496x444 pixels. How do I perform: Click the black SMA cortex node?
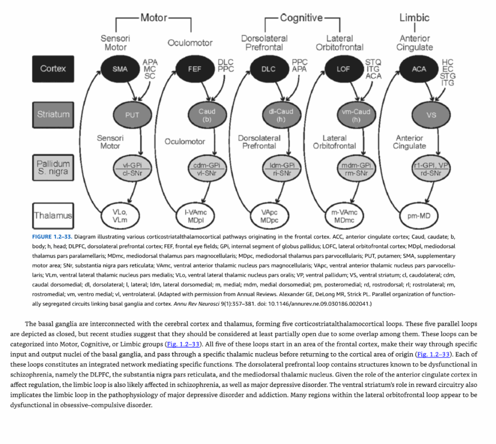point(120,69)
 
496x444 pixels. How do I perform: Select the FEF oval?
point(195,69)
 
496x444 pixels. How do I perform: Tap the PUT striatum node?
point(132,115)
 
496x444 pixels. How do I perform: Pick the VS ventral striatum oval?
point(431,115)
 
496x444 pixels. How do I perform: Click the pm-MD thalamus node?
point(419,216)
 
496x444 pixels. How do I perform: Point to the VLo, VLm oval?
point(120,216)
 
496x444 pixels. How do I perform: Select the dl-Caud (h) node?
point(281,115)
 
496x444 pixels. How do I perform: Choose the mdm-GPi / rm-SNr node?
point(356,168)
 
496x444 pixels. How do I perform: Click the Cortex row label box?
point(53,69)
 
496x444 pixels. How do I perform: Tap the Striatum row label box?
point(53,115)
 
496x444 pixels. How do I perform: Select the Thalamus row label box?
point(53,216)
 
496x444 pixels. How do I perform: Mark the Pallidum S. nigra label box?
point(53,167)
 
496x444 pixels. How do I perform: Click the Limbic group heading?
point(415,17)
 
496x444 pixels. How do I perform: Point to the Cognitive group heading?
point(301,18)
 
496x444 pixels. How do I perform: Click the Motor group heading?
point(154,17)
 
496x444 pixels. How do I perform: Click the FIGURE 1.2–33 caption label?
point(52,237)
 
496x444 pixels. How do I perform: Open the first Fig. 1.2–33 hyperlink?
point(183,344)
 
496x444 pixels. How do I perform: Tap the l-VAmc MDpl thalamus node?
point(196,216)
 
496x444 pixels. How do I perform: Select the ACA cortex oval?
point(419,69)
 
